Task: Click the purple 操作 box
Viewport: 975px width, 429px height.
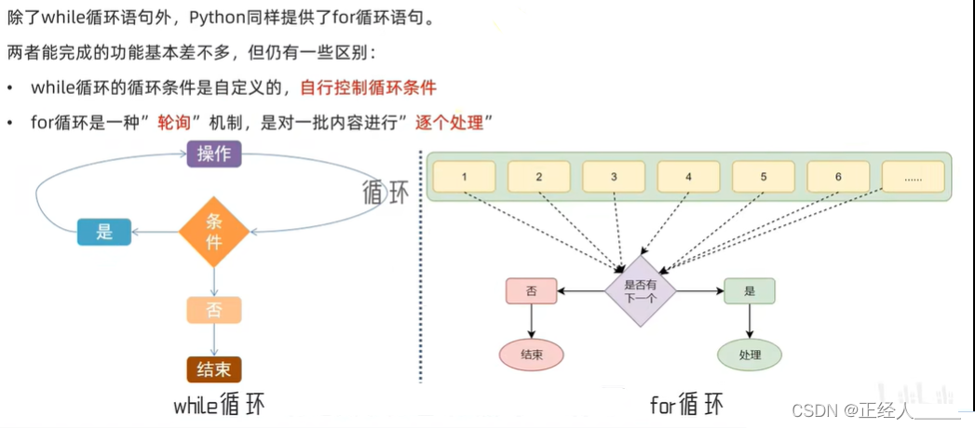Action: [x=214, y=154]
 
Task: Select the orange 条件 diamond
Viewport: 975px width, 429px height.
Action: [x=214, y=232]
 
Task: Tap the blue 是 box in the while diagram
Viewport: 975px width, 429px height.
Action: [x=104, y=232]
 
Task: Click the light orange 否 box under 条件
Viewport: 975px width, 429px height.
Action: [x=214, y=310]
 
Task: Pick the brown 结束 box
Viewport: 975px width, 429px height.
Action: [x=214, y=369]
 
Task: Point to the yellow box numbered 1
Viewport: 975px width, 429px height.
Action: [x=465, y=177]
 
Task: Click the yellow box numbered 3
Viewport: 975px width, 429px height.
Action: [x=614, y=177]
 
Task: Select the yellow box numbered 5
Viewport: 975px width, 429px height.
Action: [x=764, y=177]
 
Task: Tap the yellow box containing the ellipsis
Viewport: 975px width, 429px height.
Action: [x=913, y=177]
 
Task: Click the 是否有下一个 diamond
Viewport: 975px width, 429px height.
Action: [x=640, y=291]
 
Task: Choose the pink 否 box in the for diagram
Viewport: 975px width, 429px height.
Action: [x=532, y=291]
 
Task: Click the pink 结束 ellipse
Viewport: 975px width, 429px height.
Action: [x=532, y=355]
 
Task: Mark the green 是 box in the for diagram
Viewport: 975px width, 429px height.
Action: [x=750, y=291]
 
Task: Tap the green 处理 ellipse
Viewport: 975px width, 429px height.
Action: [x=750, y=355]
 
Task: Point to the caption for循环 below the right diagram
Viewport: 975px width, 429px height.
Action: [x=686, y=406]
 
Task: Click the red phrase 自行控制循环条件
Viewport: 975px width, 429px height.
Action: [x=368, y=87]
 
